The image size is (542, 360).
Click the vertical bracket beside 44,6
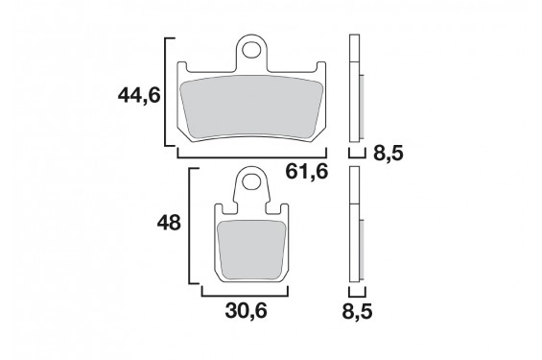click(170, 92)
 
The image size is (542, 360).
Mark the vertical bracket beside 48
click(196, 228)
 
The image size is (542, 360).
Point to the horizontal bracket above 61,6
click(252, 153)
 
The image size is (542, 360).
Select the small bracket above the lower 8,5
click(356, 290)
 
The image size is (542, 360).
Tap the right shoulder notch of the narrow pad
click(282, 206)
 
